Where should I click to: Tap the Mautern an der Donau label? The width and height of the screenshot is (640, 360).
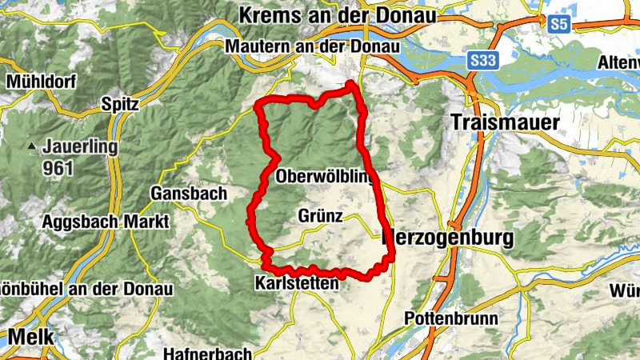pos(313,46)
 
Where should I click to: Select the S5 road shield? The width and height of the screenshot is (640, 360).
pos(558,25)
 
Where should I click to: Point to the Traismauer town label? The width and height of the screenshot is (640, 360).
pos(505,122)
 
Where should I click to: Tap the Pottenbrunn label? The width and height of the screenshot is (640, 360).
pos(451,318)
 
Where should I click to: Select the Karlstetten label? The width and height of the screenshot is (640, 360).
pos(297,283)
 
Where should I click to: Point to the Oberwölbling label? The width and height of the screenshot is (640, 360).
pos(323,177)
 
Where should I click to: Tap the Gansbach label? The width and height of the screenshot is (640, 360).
pos(189,193)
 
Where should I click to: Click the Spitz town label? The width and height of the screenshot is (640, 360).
pos(121,103)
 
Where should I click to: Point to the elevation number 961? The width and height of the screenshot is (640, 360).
pos(59,168)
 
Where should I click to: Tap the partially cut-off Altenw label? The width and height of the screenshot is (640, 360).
pos(619,62)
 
